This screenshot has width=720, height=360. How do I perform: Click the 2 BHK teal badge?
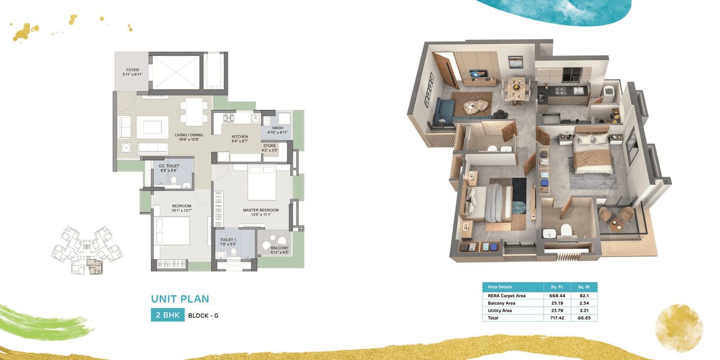click(167, 315)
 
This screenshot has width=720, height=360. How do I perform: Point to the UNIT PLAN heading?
click(179, 299)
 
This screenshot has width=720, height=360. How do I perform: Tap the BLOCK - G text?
click(203, 316)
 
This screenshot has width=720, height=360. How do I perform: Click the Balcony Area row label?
click(502, 303)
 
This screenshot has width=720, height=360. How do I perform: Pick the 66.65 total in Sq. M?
click(584, 318)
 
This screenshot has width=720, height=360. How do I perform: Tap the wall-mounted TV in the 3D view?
click(479, 74)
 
